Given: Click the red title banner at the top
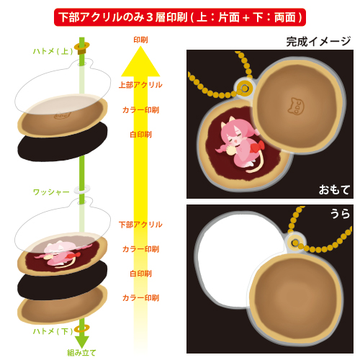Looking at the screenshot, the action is [x=180, y=17].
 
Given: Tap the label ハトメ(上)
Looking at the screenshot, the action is [x=53, y=51].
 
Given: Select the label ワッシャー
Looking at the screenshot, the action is [x=51, y=192].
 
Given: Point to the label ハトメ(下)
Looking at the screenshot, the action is [x=53, y=331].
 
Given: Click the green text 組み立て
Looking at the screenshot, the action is [x=81, y=353].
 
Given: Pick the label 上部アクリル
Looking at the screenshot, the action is [x=140, y=85].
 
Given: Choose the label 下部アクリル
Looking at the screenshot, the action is [x=140, y=225].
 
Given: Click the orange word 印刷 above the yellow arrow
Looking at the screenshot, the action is [x=140, y=40].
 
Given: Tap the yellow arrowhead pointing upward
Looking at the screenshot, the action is [x=140, y=61].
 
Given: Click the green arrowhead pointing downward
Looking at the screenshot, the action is [x=82, y=342].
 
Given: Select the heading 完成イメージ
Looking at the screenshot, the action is [x=318, y=42].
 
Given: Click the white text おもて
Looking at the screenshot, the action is [x=334, y=189].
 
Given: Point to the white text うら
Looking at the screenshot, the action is [x=341, y=213].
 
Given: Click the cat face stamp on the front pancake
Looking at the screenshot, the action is [x=296, y=106].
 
